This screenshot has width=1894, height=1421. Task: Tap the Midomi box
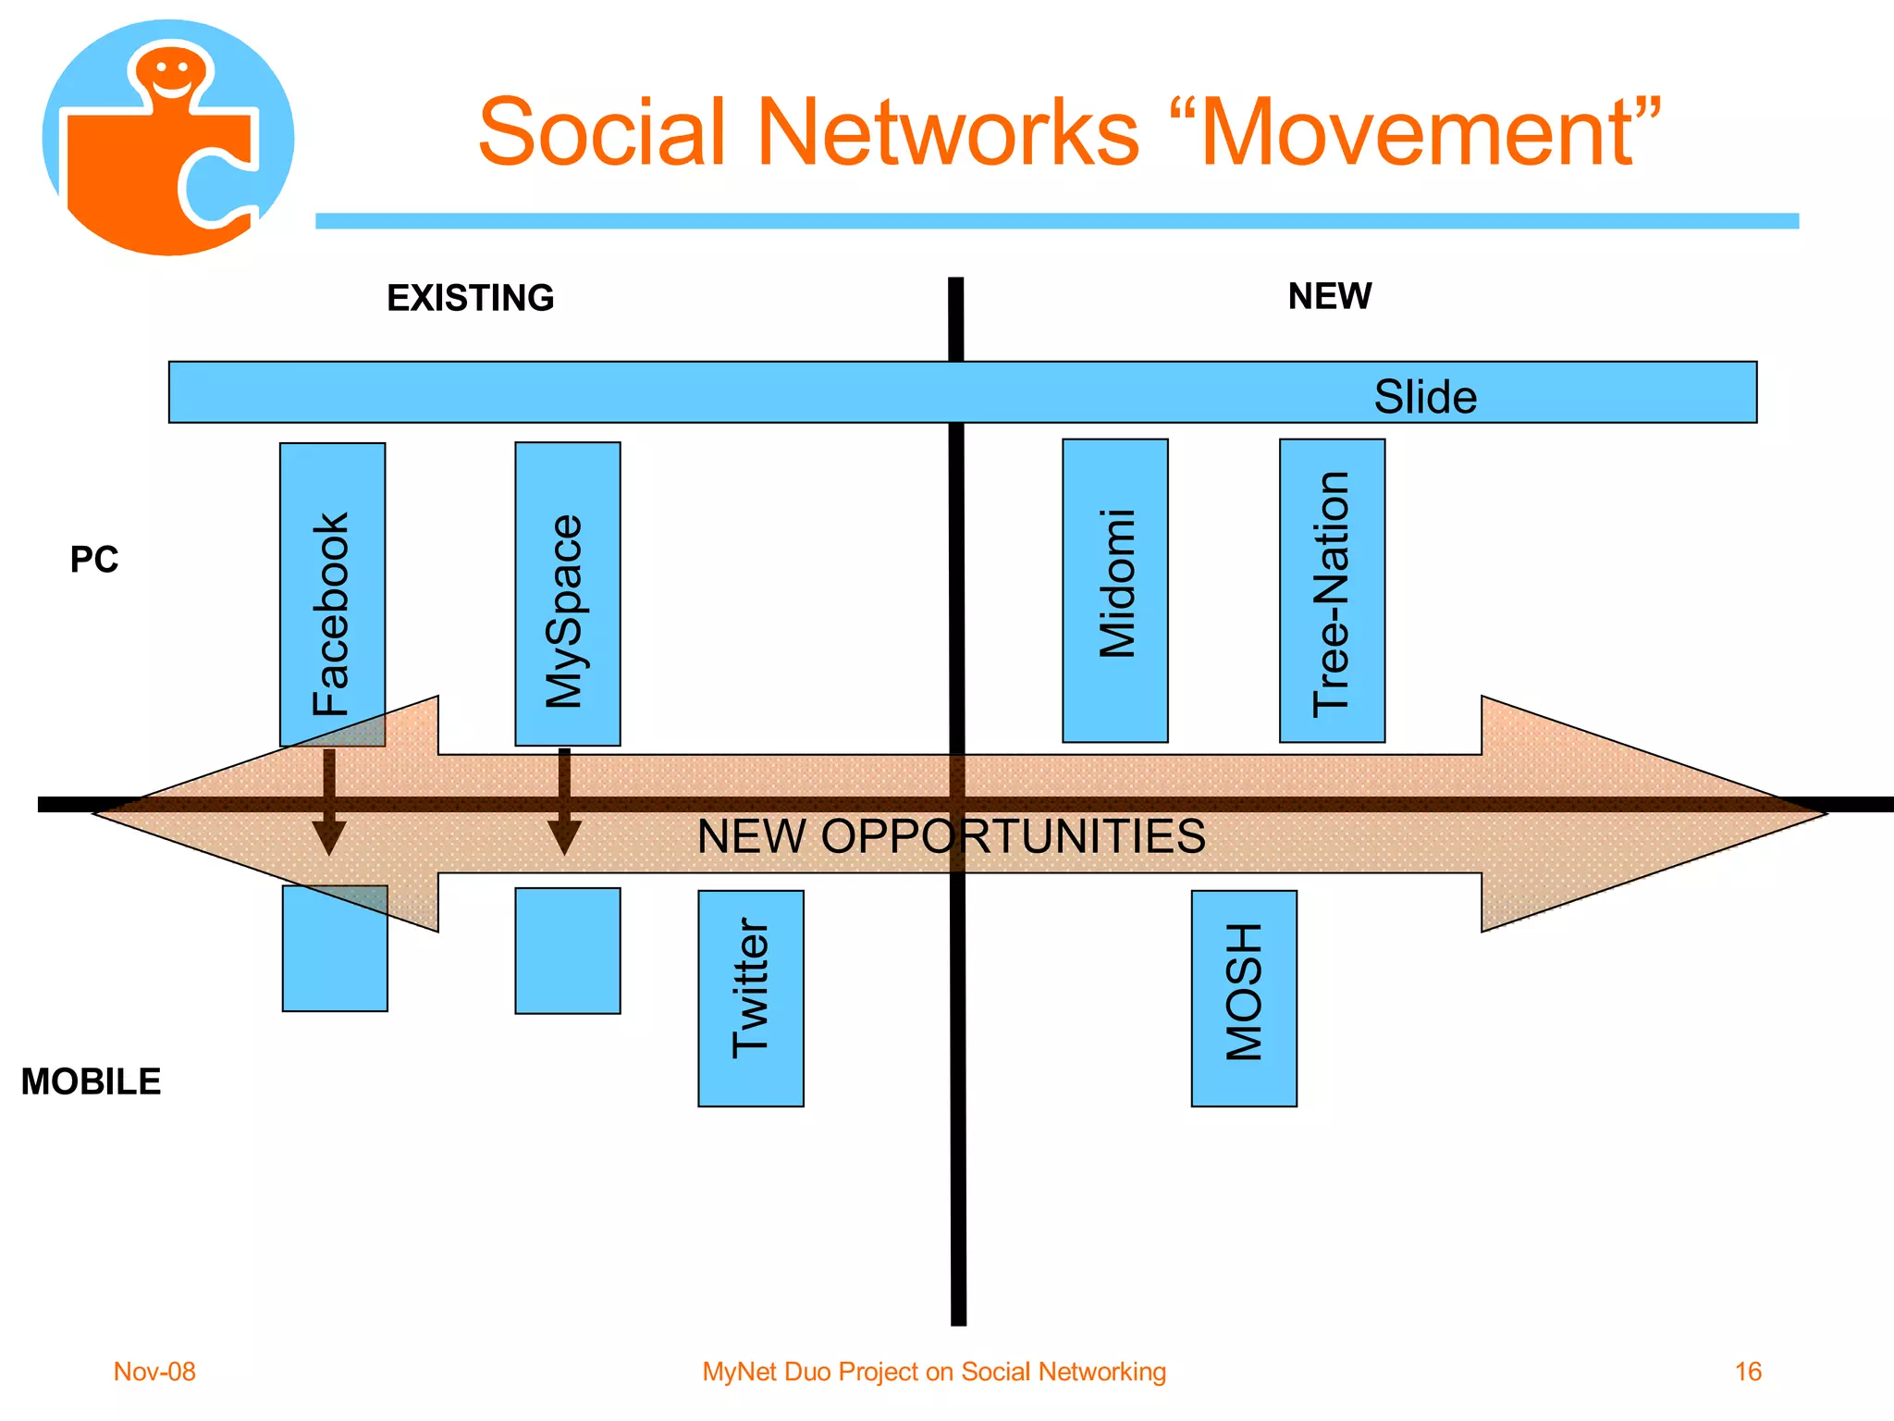(x=1114, y=590)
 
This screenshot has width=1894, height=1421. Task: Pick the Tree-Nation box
(x=1332, y=590)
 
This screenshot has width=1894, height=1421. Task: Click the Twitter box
(x=750, y=997)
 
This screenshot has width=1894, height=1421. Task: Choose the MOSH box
(x=1244, y=997)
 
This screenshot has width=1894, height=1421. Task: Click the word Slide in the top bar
(x=1425, y=396)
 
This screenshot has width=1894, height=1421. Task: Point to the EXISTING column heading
(x=470, y=298)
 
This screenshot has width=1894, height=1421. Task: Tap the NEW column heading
(x=1330, y=296)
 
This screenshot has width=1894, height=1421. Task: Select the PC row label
(x=94, y=560)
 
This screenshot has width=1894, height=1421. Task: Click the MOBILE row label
(x=91, y=1081)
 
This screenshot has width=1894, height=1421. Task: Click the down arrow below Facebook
(x=329, y=805)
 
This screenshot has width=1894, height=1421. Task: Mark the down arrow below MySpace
(x=564, y=805)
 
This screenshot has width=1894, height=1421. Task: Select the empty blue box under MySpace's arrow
(x=567, y=950)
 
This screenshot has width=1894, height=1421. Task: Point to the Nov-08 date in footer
(x=154, y=1371)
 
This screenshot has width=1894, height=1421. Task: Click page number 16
(x=1748, y=1371)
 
